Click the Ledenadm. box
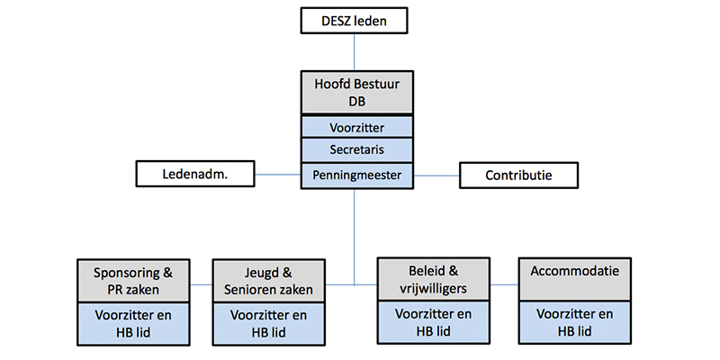coord(195,175)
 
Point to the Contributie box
coord(518,175)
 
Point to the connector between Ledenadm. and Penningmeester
coord(278,175)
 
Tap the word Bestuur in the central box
coord(377,85)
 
